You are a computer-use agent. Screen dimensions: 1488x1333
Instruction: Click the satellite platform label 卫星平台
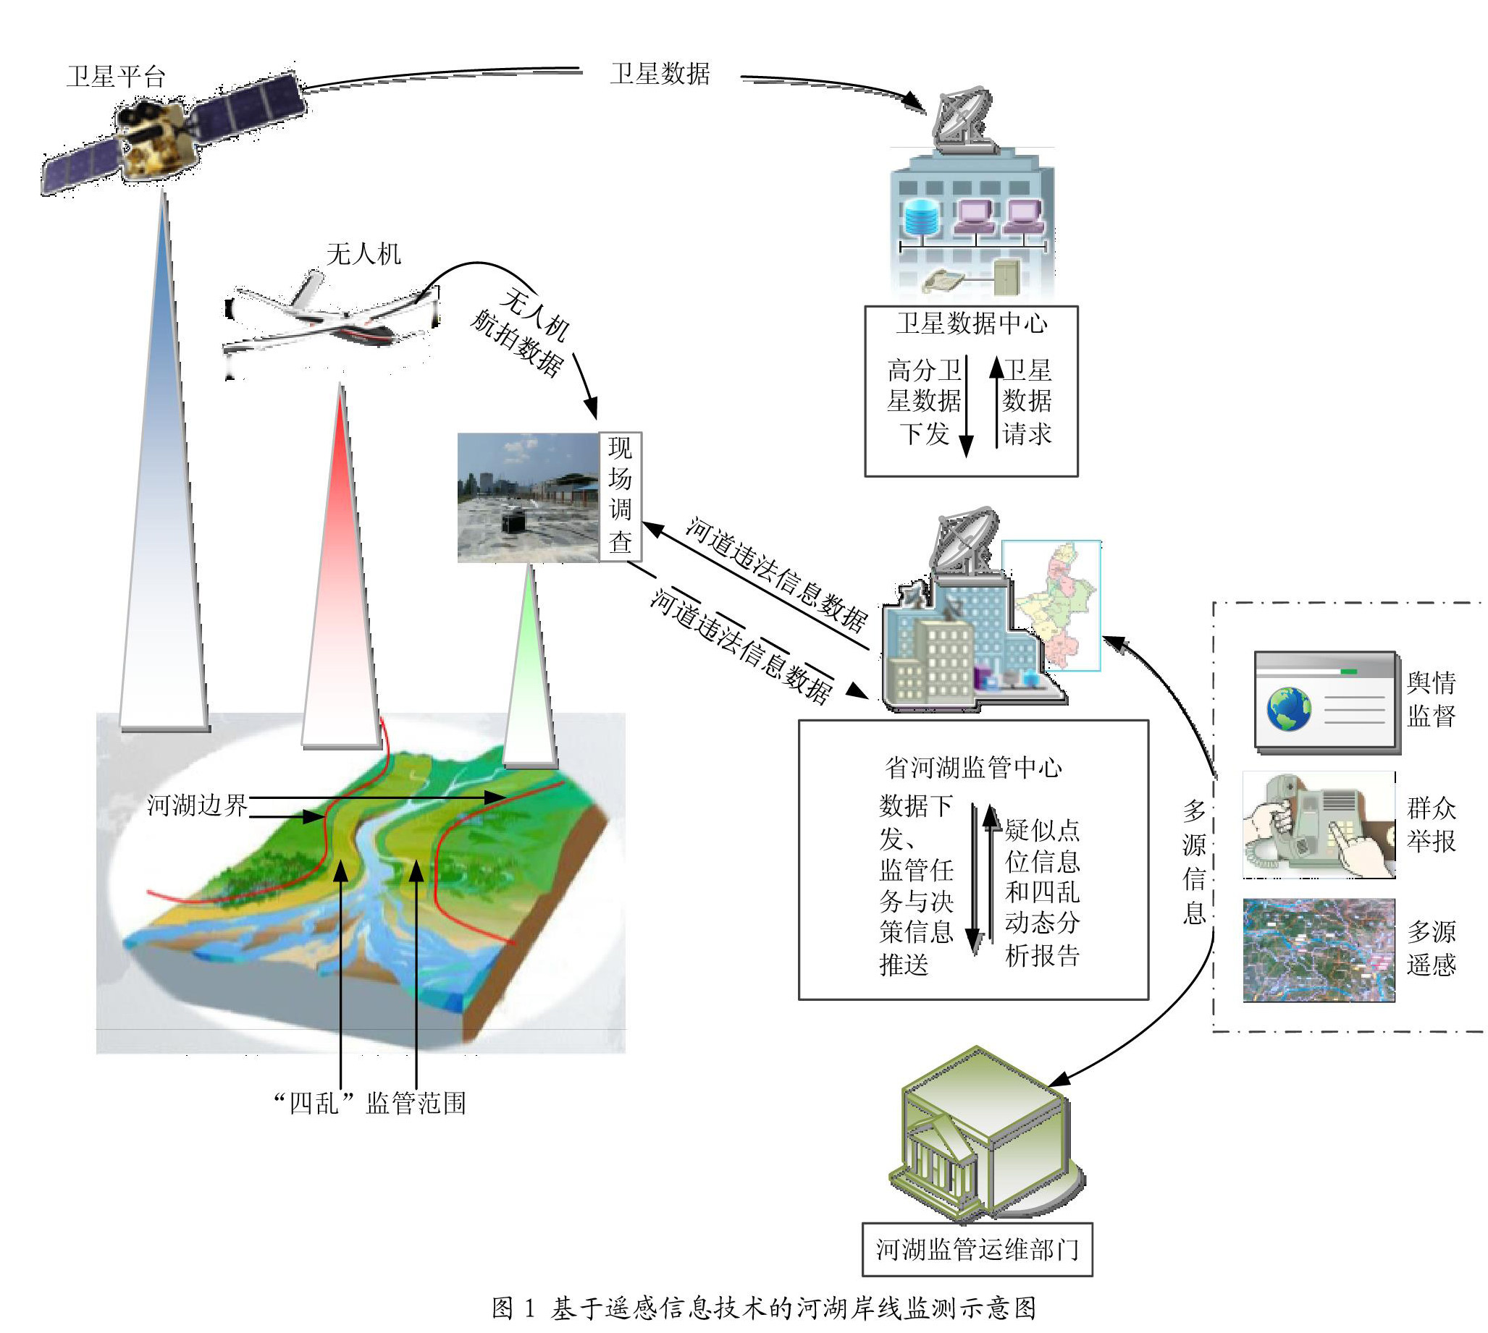click(116, 77)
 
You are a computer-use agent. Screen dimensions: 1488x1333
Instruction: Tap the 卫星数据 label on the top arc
click(660, 74)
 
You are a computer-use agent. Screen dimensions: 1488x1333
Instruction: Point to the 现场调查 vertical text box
click(621, 496)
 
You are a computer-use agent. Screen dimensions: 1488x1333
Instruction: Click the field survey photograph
click(529, 497)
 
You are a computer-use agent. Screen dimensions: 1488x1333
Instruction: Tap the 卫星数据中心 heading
click(972, 323)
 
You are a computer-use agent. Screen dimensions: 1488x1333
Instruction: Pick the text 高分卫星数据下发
click(924, 402)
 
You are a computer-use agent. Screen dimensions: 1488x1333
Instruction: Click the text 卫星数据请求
click(1027, 402)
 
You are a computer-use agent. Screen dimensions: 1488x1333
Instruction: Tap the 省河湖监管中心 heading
click(973, 767)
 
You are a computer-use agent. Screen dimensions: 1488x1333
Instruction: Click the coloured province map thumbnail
click(1051, 605)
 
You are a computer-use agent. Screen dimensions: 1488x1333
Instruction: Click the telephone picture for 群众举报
click(1319, 825)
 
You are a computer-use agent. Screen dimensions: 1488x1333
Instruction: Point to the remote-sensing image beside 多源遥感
click(1319, 950)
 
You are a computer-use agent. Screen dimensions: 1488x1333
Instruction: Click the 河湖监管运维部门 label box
click(978, 1249)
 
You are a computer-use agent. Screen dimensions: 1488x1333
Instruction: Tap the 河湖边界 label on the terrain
click(197, 805)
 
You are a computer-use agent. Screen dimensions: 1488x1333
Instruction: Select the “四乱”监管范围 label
click(369, 1103)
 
